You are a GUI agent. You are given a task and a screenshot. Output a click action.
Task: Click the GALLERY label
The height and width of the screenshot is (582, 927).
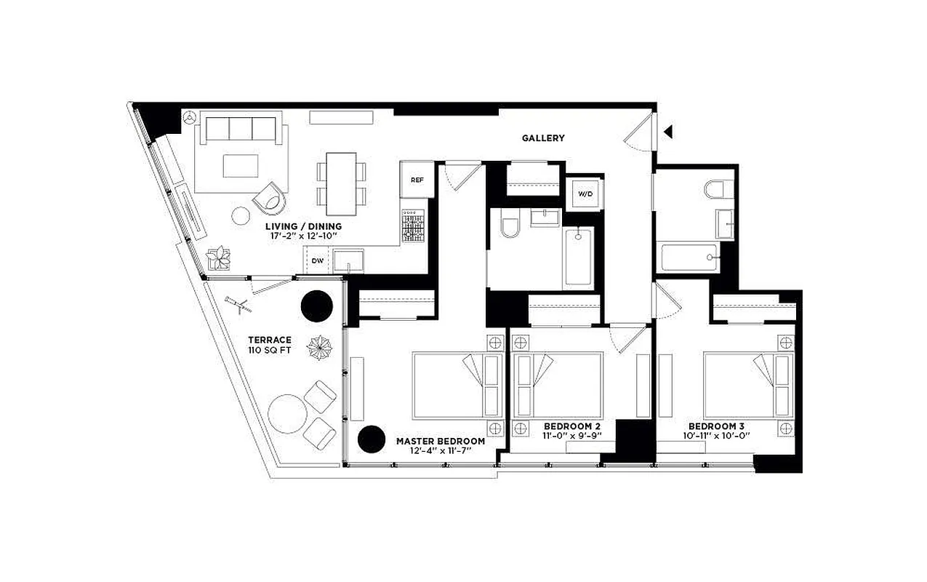(x=542, y=138)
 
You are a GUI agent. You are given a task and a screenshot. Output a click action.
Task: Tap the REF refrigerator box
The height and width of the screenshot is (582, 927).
(x=417, y=180)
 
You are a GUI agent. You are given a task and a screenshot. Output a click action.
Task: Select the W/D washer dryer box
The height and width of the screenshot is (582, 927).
(x=585, y=194)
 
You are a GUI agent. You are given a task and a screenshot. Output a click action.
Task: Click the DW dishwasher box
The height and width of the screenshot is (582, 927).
(x=317, y=260)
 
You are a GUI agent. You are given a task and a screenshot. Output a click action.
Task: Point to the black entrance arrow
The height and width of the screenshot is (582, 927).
(x=668, y=132)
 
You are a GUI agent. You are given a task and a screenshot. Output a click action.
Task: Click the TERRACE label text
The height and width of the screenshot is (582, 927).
(x=269, y=340)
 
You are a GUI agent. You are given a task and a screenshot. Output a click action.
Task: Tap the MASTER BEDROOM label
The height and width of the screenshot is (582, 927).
(x=440, y=441)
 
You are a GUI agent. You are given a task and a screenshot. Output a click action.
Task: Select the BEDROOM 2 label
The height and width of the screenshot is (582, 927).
(x=571, y=426)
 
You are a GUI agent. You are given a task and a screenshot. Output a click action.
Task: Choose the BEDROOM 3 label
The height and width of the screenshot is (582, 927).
(x=716, y=426)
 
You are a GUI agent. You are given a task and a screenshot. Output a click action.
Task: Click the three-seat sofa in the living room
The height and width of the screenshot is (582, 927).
(x=239, y=129)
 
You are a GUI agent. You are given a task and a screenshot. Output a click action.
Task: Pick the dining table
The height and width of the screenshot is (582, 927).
(x=341, y=183)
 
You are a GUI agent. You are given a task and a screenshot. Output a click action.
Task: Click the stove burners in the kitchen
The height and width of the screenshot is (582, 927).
(x=412, y=226)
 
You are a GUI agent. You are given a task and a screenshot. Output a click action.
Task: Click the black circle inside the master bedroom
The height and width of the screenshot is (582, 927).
(x=372, y=439)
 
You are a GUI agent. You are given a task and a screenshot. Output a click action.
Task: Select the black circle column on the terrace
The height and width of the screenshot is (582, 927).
(x=317, y=306)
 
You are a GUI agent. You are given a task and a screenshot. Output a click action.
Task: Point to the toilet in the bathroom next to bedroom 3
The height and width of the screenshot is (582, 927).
(x=715, y=190)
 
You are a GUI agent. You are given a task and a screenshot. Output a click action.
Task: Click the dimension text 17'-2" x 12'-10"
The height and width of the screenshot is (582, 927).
(x=303, y=236)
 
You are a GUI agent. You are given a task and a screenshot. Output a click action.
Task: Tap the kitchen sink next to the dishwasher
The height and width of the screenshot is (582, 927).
(x=349, y=259)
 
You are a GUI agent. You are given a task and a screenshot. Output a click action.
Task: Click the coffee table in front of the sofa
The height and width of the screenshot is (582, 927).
(x=240, y=166)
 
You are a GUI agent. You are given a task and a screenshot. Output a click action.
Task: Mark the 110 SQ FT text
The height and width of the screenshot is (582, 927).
(x=269, y=351)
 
